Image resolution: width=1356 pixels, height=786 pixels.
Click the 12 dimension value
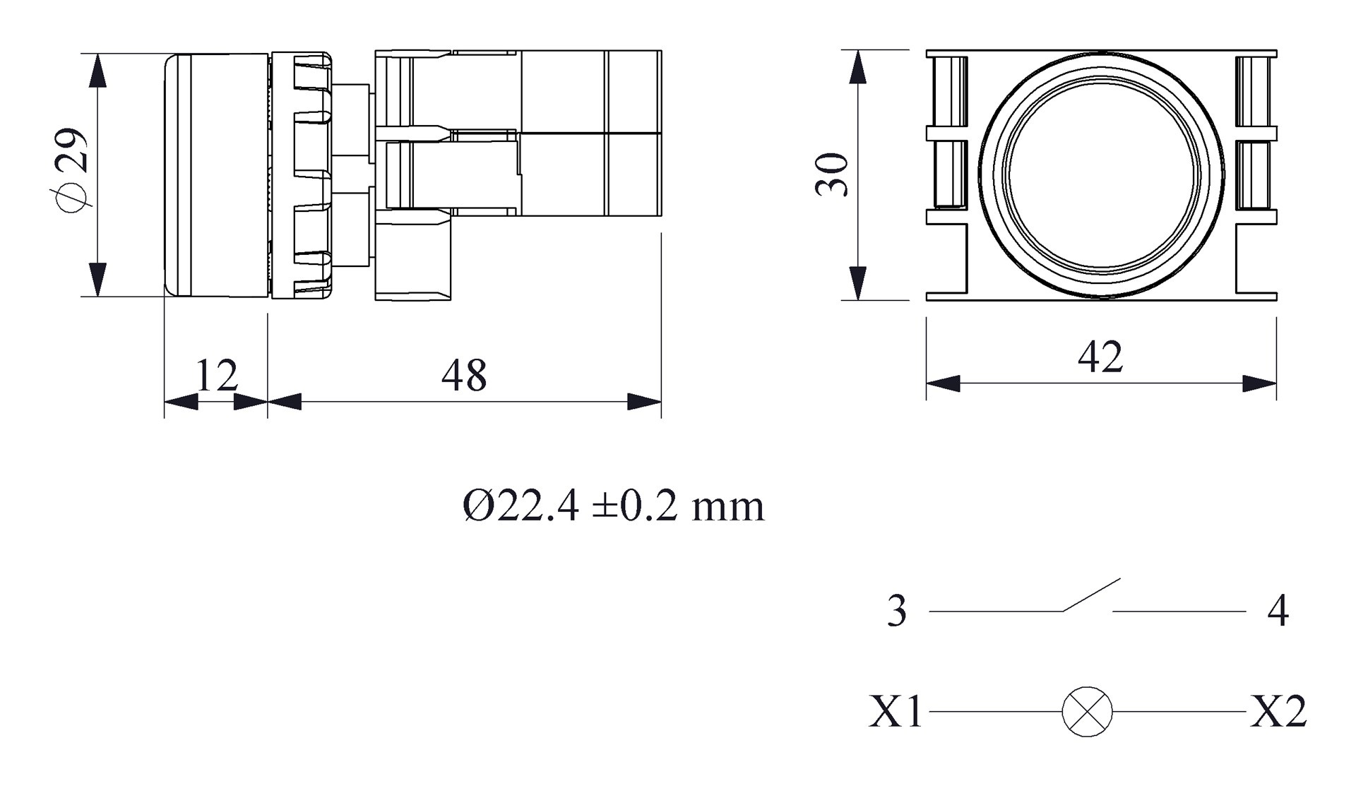[x=216, y=375]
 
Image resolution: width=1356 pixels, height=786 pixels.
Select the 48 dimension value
[x=464, y=375]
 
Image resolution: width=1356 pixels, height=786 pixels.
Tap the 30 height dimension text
[x=832, y=174]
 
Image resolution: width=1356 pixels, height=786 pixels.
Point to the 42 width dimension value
[x=1100, y=357]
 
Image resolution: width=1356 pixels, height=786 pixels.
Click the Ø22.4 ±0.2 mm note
[x=613, y=506]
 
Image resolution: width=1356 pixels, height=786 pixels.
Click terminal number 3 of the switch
[x=896, y=611]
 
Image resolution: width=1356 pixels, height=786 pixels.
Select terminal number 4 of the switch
[x=1278, y=611]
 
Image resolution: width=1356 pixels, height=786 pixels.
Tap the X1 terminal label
[x=896, y=711]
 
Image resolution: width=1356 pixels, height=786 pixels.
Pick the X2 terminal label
[x=1278, y=711]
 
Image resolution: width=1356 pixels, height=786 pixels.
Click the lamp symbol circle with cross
[x=1087, y=711]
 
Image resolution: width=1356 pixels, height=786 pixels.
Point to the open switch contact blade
[x=1091, y=595]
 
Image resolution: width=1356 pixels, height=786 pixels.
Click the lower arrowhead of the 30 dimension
[x=857, y=283]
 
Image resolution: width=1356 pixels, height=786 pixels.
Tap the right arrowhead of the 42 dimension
[x=1259, y=383]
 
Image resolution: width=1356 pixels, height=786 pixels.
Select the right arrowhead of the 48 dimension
[x=644, y=402]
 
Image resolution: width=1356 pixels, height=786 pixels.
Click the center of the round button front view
[x=1101, y=175]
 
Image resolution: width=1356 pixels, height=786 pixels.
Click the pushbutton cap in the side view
[x=215, y=174]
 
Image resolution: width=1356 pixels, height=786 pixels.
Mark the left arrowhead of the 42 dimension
[x=944, y=383]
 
